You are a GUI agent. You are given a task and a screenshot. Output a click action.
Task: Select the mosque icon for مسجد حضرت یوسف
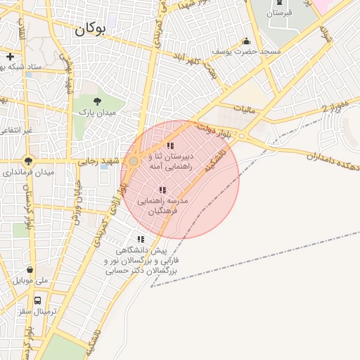[246, 41]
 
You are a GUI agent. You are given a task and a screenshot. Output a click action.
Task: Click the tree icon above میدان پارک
[97, 101]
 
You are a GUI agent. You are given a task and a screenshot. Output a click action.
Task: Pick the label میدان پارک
[97, 112]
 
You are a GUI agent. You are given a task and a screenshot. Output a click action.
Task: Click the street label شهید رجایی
[105, 160]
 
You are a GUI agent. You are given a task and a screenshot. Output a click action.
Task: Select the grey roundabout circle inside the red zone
[133, 162]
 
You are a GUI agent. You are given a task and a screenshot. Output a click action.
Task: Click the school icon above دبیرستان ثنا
[170, 146]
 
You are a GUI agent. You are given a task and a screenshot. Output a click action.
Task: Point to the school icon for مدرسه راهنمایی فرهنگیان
[162, 190]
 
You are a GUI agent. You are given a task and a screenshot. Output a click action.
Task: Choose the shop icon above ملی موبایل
[30, 269]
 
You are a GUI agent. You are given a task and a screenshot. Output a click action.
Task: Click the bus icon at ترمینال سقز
[37, 300]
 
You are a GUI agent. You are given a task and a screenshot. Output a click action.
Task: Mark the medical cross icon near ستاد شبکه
[10, 56]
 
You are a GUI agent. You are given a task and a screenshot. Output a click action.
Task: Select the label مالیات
[251, 109]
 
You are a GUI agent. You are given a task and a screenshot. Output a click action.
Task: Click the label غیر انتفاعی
[17, 131]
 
